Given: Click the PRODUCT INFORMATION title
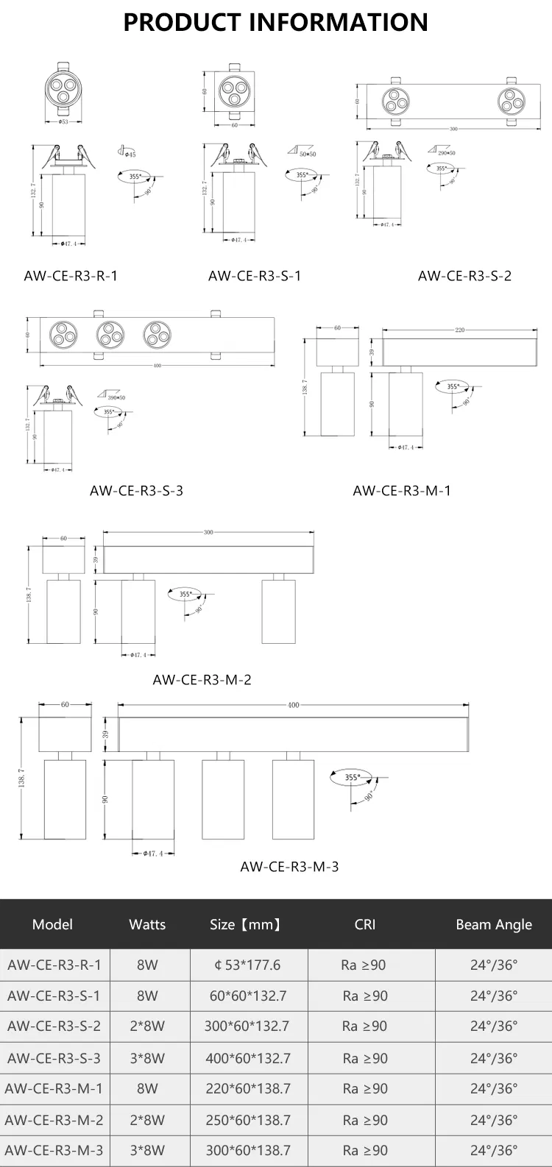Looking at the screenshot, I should (x=275, y=23).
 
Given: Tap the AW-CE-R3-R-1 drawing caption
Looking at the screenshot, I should (x=71, y=276).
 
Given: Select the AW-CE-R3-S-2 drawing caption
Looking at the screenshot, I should (x=464, y=276).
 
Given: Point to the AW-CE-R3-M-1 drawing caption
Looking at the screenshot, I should (x=401, y=491).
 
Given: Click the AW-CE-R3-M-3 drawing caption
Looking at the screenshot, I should (x=289, y=867).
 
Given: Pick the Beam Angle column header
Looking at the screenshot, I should (x=493, y=925).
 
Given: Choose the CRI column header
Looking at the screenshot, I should (x=364, y=925).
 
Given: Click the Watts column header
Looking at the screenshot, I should (x=147, y=925).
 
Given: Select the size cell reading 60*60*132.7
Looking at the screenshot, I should (x=248, y=996).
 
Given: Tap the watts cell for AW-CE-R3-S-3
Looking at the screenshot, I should (x=147, y=1058).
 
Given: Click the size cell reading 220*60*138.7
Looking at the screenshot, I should (x=248, y=1088).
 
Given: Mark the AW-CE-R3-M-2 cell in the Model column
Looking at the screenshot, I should (x=54, y=1120).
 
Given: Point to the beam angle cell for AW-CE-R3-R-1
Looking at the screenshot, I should (x=493, y=965).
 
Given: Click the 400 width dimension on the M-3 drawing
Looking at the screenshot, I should (x=293, y=705).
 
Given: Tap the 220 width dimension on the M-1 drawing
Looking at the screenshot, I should (x=459, y=330).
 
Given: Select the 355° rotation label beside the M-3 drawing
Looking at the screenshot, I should (x=353, y=777).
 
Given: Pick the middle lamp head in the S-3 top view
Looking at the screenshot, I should (x=110, y=335).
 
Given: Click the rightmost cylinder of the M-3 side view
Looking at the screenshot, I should (x=293, y=799).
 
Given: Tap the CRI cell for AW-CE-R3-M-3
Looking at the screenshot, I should (x=364, y=1150).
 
